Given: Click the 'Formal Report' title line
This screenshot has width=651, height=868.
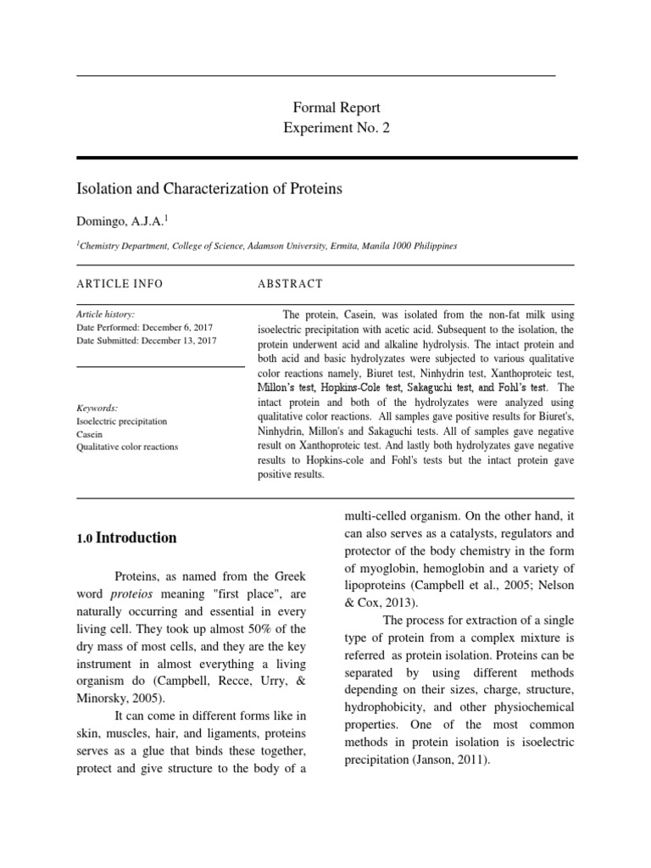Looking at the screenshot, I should (x=337, y=108).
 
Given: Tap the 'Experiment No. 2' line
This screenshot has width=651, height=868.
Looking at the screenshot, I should (x=337, y=128).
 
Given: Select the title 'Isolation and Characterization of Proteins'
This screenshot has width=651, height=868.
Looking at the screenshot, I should (x=209, y=189).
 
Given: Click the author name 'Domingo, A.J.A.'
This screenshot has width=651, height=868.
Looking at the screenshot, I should (x=121, y=221).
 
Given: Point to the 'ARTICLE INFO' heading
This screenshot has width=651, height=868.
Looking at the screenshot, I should (x=120, y=284).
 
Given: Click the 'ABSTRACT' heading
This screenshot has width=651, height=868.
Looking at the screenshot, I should (x=290, y=284).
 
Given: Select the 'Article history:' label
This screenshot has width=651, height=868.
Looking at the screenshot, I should (x=105, y=314).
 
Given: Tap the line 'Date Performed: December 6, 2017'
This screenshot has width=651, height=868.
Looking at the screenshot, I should (x=145, y=327).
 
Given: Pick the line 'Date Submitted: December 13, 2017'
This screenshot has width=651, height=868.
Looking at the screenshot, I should (x=147, y=341).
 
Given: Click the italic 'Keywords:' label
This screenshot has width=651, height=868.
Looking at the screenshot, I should (x=97, y=408).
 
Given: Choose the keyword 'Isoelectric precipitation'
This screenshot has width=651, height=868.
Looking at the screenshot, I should (x=122, y=421).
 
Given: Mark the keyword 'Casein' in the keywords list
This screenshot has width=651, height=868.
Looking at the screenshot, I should (x=90, y=434).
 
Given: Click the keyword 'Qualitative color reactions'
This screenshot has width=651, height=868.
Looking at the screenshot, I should (x=127, y=447).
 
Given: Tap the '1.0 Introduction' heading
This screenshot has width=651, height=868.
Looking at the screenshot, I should (x=126, y=538).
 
